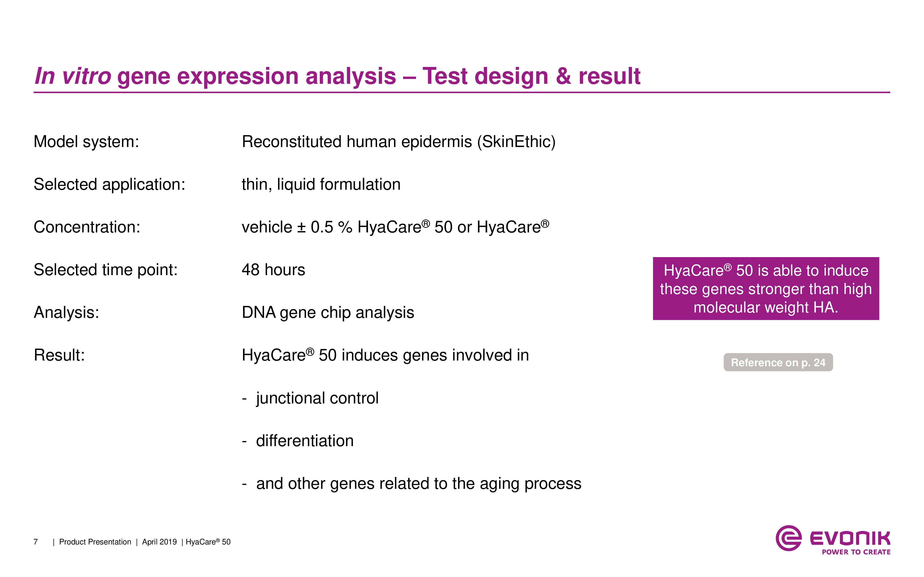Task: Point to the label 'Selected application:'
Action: [x=109, y=185]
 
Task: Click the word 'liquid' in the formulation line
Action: [x=296, y=185]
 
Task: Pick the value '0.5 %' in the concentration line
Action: [x=331, y=227]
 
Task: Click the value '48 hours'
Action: [x=273, y=270]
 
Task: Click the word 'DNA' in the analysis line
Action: [x=259, y=313]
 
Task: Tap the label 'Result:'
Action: [x=59, y=355]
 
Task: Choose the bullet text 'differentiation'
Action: [x=305, y=441]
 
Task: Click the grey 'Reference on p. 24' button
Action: [x=778, y=362]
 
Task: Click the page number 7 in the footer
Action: [x=36, y=542]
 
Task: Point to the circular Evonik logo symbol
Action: [x=788, y=538]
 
